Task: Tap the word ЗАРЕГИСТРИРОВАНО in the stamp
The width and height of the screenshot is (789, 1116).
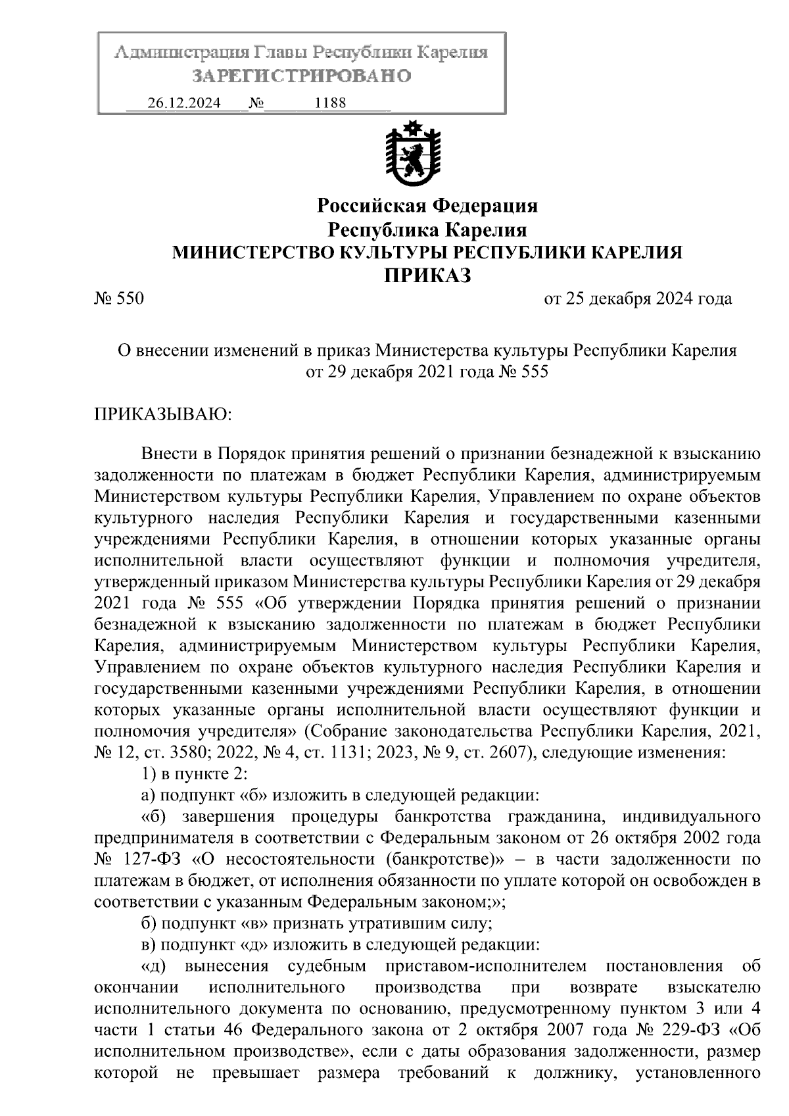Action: pos(302,76)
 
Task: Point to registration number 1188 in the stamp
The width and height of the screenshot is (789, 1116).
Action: pos(331,103)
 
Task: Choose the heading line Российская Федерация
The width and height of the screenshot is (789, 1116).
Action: pos(427,206)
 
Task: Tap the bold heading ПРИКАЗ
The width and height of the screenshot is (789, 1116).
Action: pos(427,276)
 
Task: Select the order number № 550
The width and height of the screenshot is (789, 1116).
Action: pos(119,299)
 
